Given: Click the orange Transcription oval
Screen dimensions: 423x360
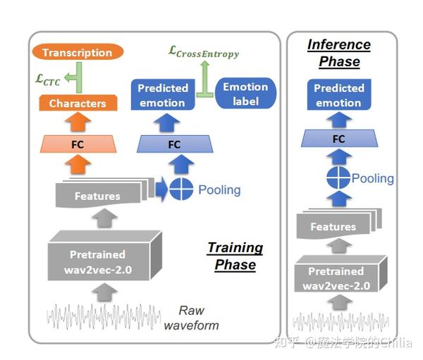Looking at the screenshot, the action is [78, 52].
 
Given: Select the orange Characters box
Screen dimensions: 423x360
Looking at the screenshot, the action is [78, 103].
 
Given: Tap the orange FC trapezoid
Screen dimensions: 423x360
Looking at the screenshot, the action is [78, 144].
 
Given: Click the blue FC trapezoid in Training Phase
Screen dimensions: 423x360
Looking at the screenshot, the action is [175, 144].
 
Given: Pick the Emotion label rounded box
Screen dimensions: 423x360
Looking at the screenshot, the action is [245, 94].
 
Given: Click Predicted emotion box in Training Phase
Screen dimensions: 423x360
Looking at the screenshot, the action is [163, 94].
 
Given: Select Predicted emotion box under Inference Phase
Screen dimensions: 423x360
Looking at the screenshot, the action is [339, 94].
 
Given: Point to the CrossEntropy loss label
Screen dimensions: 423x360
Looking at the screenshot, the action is [204, 52].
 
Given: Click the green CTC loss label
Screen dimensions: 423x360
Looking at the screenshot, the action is [48, 80].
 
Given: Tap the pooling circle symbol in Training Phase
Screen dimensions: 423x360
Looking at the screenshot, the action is [181, 189].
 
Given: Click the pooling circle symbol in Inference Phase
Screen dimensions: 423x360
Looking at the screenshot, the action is [338, 178].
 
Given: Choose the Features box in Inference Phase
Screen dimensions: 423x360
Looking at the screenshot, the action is [339, 224].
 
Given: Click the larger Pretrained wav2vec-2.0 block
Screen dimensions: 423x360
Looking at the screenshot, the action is [104, 255].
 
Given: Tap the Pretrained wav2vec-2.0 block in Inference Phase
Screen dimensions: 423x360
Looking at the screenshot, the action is [341, 274].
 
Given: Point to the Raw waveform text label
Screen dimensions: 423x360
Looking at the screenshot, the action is [192, 318].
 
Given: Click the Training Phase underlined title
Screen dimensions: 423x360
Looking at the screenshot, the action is [235, 256].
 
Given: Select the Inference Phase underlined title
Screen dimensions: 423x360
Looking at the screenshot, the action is [339, 53].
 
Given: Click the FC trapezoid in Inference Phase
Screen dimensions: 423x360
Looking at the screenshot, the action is [339, 138].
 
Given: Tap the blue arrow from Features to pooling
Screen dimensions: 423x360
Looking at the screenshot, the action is [162, 189].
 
